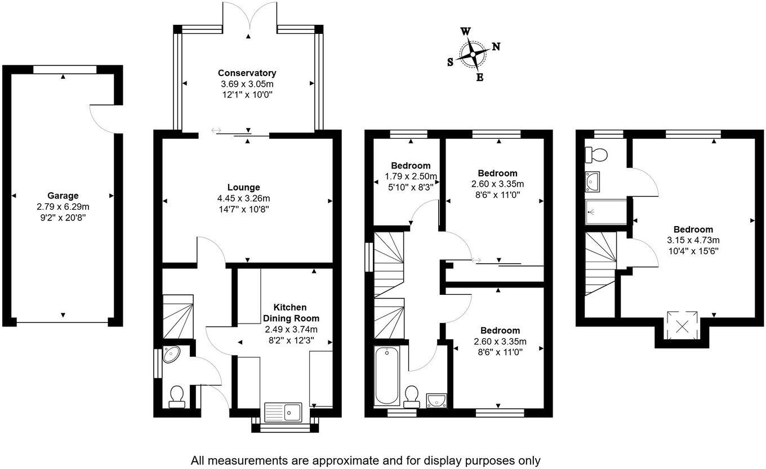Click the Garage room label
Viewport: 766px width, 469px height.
click(x=63, y=196)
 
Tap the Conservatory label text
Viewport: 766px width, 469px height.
click(x=247, y=73)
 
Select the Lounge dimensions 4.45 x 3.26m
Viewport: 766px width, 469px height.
click(x=243, y=198)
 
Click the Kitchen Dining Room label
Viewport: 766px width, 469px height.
click(x=290, y=312)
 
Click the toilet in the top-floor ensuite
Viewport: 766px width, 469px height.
click(x=595, y=154)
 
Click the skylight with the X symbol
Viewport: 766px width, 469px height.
click(x=682, y=325)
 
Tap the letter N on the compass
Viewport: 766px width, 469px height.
click(x=496, y=47)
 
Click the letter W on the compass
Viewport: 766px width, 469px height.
click(x=466, y=32)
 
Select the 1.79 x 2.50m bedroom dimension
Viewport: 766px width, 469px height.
click(x=411, y=176)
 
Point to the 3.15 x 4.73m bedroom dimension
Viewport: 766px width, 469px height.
click(x=693, y=240)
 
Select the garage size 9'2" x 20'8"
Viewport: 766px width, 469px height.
click(x=63, y=217)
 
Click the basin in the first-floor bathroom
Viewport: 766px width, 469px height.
click(x=437, y=400)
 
